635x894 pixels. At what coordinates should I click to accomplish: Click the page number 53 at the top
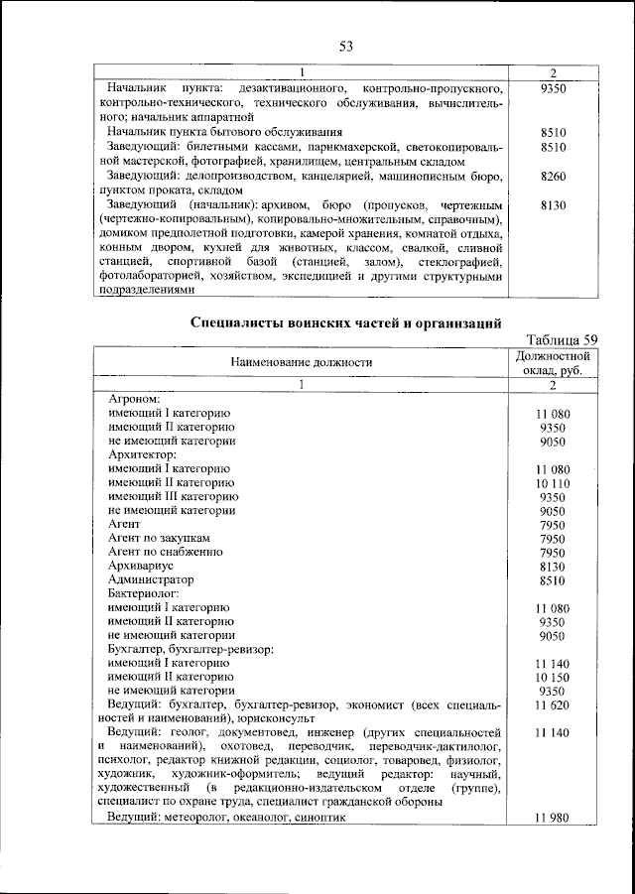tap(346, 47)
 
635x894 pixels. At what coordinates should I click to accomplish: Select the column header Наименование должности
tap(302, 364)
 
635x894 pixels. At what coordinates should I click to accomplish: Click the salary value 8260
tap(554, 176)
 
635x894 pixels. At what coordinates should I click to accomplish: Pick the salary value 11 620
tap(554, 703)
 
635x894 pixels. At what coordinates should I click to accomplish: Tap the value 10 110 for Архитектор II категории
tap(554, 482)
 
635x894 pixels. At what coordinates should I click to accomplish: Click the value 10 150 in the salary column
tap(554, 676)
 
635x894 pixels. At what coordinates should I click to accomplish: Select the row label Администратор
tap(151, 578)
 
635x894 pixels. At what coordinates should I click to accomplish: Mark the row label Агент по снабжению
tap(165, 551)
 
